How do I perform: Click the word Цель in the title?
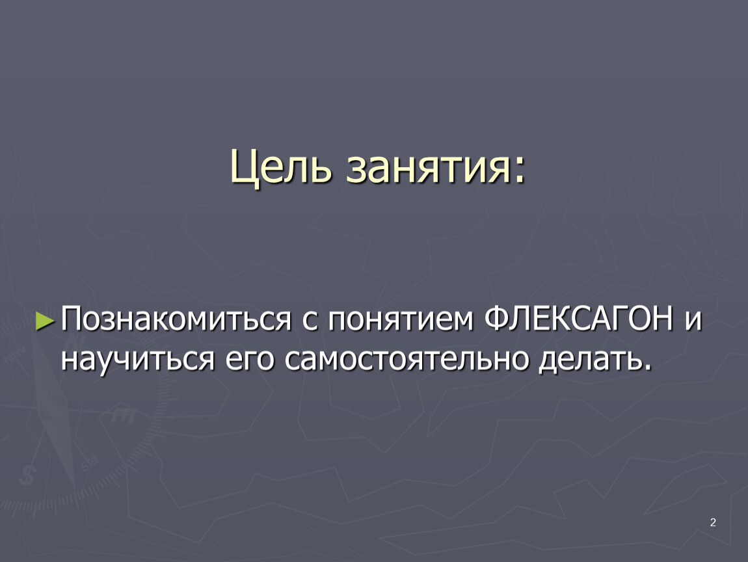280,167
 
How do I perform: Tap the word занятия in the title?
427,170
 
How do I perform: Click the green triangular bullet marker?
46,321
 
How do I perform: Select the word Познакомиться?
176,318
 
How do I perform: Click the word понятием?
400,319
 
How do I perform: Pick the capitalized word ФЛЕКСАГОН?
579,317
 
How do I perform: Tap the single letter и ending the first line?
693,319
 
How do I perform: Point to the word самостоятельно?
407,359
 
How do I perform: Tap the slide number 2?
713,522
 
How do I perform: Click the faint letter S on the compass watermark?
27,475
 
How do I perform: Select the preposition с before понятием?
309,320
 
